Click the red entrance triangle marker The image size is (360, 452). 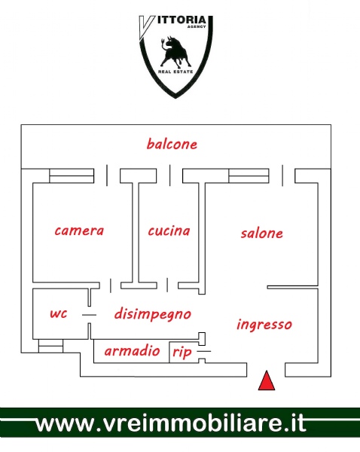coord(267,381)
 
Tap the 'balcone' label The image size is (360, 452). coord(172,144)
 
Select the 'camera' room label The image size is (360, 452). coord(79,231)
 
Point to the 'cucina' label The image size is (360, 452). coord(169,231)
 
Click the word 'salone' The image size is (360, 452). coord(261,234)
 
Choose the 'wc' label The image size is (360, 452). coord(59,313)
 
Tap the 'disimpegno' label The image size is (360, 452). coord(153,314)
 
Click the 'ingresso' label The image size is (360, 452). coord(264,325)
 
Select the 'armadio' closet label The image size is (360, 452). coord(132,351)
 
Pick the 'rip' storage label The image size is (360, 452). coord(182,353)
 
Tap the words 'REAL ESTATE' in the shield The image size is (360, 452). coord(175,72)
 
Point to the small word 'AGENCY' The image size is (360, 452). coord(197,26)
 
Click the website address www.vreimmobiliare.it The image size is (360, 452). coord(171,423)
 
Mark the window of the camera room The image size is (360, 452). coord(72,176)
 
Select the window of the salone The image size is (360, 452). coord(249,176)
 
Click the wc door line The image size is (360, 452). coord(89,315)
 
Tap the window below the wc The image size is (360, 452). coord(50,346)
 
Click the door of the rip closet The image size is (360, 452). coord(204,351)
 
